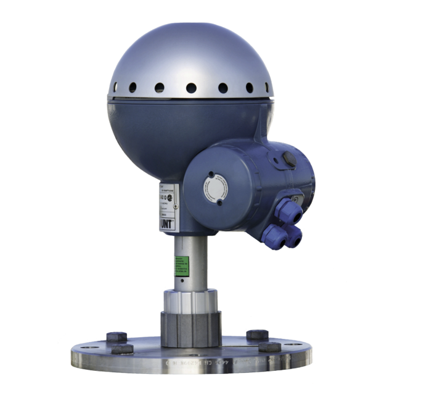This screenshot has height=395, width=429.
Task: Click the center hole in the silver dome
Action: pyautogui.click(x=191, y=88)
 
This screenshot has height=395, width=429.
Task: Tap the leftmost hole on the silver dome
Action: pyautogui.click(x=115, y=87)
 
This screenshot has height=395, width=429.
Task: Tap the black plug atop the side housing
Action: pyautogui.click(x=288, y=159)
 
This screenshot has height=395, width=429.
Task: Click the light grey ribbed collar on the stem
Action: pyautogui.click(x=190, y=301)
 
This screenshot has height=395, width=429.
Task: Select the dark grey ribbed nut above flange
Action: pyautogui.click(x=190, y=327)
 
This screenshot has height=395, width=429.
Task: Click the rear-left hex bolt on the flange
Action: pyautogui.click(x=116, y=337)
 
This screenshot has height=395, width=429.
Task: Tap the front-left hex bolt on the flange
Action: pyautogui.click(x=123, y=349)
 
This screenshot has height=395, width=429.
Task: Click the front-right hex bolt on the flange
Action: pyautogui.click(x=269, y=347)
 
